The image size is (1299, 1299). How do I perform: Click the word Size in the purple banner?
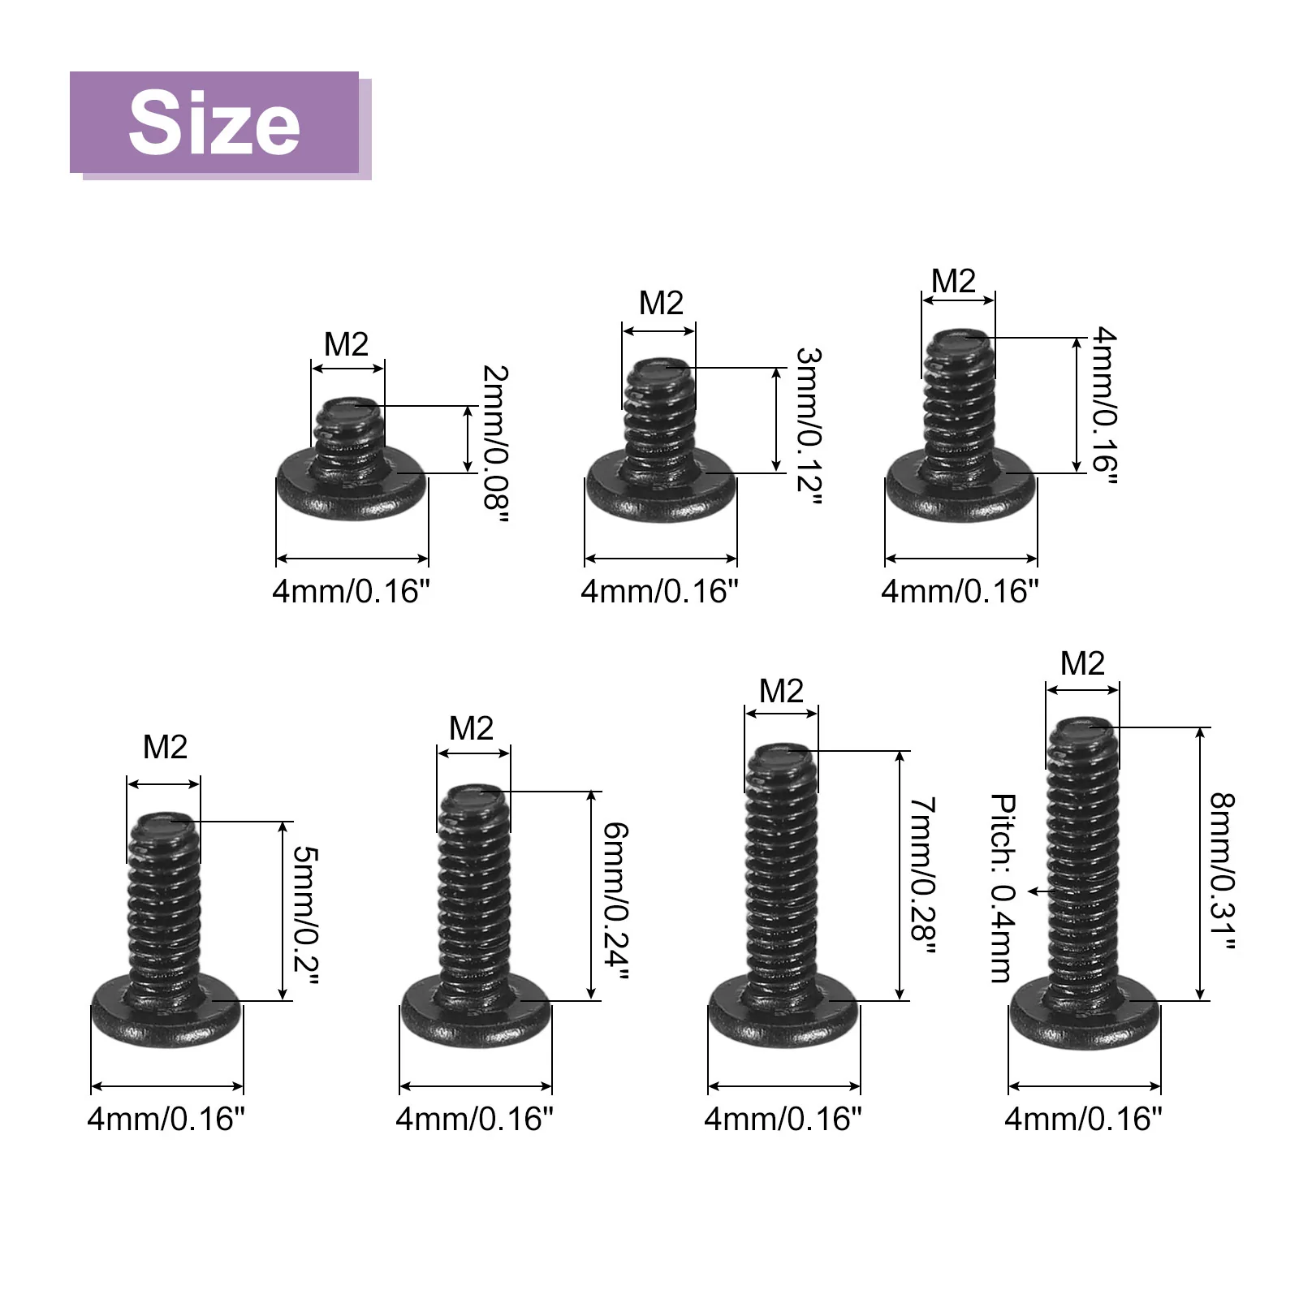click(x=214, y=123)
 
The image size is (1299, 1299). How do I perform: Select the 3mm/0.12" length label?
click(x=809, y=425)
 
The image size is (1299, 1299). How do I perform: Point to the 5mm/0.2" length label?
click(x=306, y=913)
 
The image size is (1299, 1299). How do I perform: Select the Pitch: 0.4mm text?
click(x=1003, y=888)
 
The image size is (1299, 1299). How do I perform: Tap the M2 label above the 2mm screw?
click(x=347, y=344)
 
